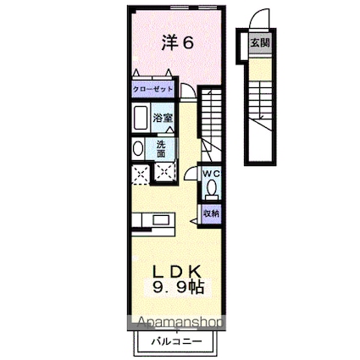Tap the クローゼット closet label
[152, 89]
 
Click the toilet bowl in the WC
[212, 189]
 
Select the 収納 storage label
[211, 213]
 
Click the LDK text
[177, 272]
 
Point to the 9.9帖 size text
[178, 289]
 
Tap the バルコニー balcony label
[177, 341]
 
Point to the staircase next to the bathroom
[212, 119]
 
